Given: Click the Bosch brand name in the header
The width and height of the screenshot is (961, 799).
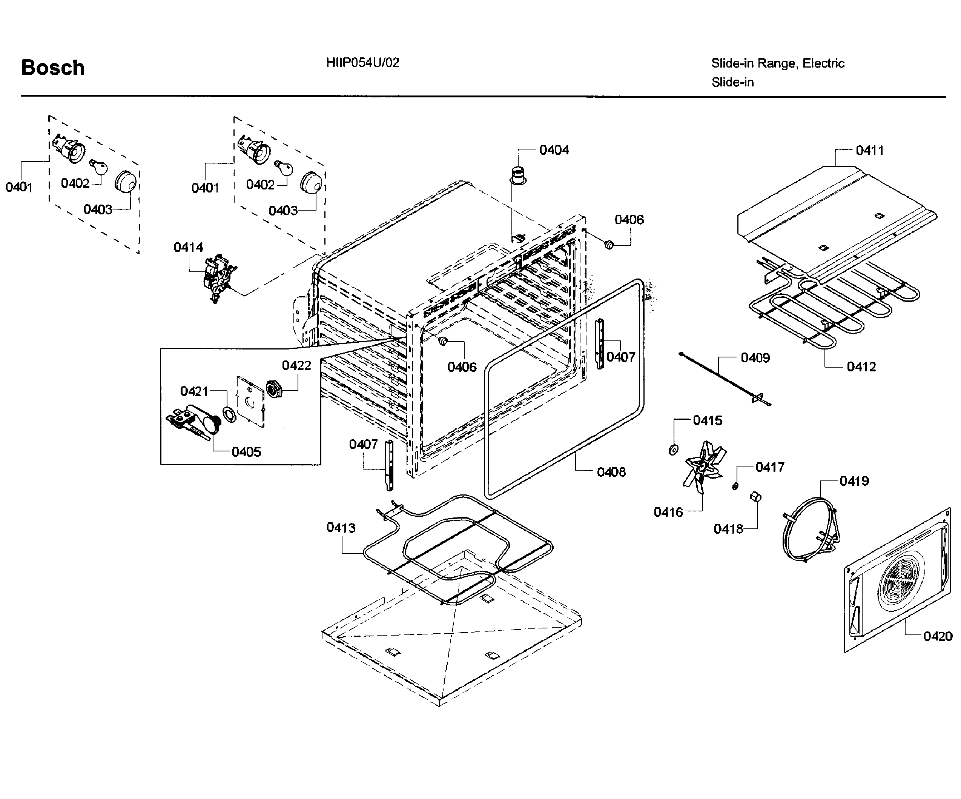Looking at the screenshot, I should (53, 68).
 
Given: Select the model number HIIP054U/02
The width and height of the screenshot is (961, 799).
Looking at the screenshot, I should (362, 63).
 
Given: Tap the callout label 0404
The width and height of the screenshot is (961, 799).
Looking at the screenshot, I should (554, 150).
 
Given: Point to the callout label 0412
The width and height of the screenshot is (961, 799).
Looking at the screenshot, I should (861, 367).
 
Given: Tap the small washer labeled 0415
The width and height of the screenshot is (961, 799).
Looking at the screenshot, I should (673, 450).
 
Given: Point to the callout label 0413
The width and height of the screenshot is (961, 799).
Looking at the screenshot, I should (341, 528).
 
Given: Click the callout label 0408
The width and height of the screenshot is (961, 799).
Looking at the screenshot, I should (611, 472).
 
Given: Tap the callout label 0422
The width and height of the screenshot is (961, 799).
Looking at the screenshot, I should (296, 366).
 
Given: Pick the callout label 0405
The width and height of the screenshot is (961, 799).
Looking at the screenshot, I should (246, 452).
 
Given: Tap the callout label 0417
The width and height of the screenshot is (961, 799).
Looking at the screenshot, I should (770, 468).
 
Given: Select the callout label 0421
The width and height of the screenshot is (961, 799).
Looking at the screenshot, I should (194, 391).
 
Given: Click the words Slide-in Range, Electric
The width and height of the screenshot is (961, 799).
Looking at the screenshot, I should (777, 63).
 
